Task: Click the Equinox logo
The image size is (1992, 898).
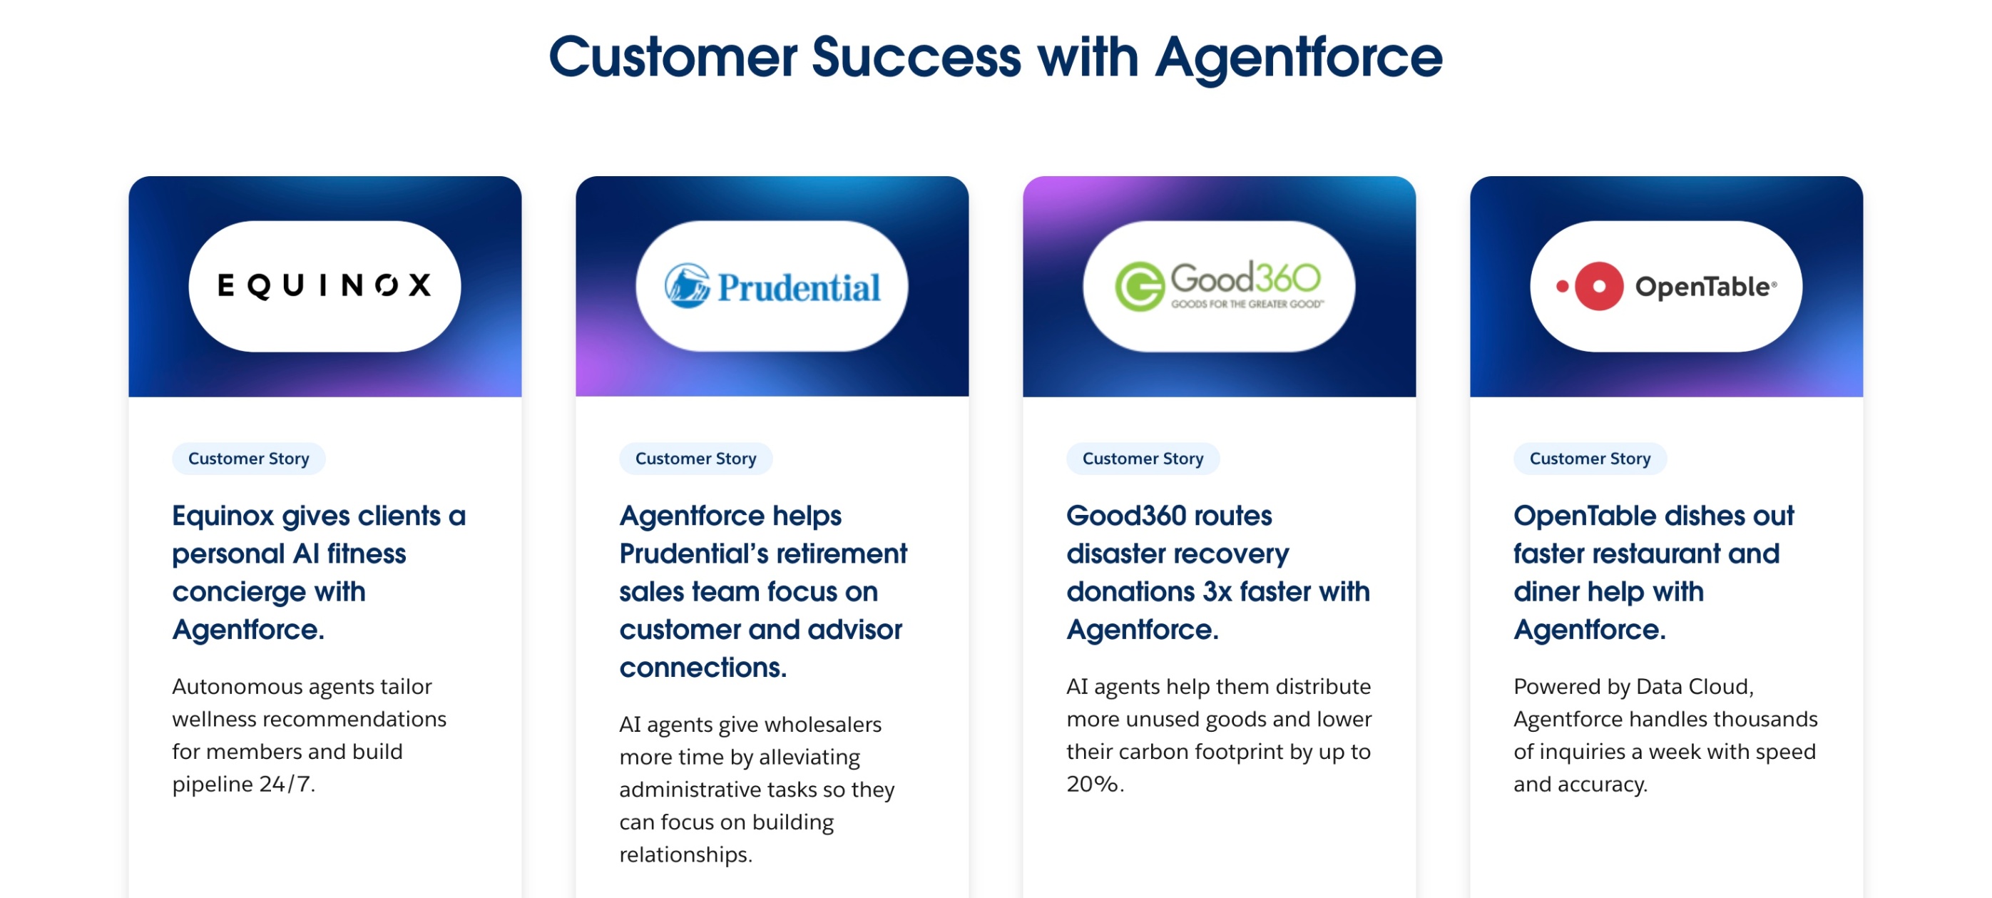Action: pyautogui.click(x=325, y=285)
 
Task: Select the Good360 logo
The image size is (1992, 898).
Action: pyautogui.click(x=1219, y=286)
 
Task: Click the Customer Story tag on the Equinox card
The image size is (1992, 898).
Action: pyautogui.click(x=248, y=459)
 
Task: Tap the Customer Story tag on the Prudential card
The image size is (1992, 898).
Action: pyautogui.click(x=695, y=459)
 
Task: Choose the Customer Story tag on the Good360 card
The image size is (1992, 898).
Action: pyautogui.click(x=1142, y=459)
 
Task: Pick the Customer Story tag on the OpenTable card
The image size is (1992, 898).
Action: pyautogui.click(x=1589, y=459)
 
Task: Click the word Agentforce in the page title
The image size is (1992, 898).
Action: pyautogui.click(x=1298, y=58)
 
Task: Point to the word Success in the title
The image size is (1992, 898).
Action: pyautogui.click(x=916, y=58)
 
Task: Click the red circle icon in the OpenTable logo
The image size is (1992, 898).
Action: pyautogui.click(x=1598, y=286)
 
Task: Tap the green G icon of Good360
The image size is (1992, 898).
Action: pyautogui.click(x=1139, y=287)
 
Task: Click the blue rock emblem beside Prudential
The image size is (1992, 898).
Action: pyautogui.click(x=687, y=286)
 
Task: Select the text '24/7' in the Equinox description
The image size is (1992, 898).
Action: pyautogui.click(x=286, y=785)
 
